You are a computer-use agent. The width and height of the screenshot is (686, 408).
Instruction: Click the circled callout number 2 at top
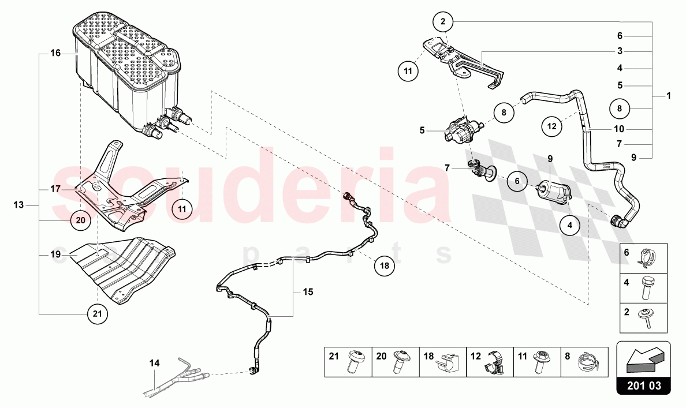pyautogui.click(x=443, y=23)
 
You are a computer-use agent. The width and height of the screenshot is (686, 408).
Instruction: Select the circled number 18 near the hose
pyautogui.click(x=385, y=266)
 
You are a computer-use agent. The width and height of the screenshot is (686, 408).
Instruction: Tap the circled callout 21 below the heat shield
pyautogui.click(x=97, y=313)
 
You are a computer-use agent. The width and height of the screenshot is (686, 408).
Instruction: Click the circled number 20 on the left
pyautogui.click(x=80, y=219)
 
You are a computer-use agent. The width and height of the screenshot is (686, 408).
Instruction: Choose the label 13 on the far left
pyautogui.click(x=19, y=205)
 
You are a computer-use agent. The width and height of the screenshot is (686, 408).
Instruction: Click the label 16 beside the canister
pyautogui.click(x=55, y=53)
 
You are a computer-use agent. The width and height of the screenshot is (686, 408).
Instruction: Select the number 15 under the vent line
pyautogui.click(x=308, y=293)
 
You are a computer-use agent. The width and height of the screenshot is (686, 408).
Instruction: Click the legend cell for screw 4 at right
pyautogui.click(x=643, y=288)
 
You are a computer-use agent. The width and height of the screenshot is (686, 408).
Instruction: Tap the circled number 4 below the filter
pyautogui.click(x=569, y=226)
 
